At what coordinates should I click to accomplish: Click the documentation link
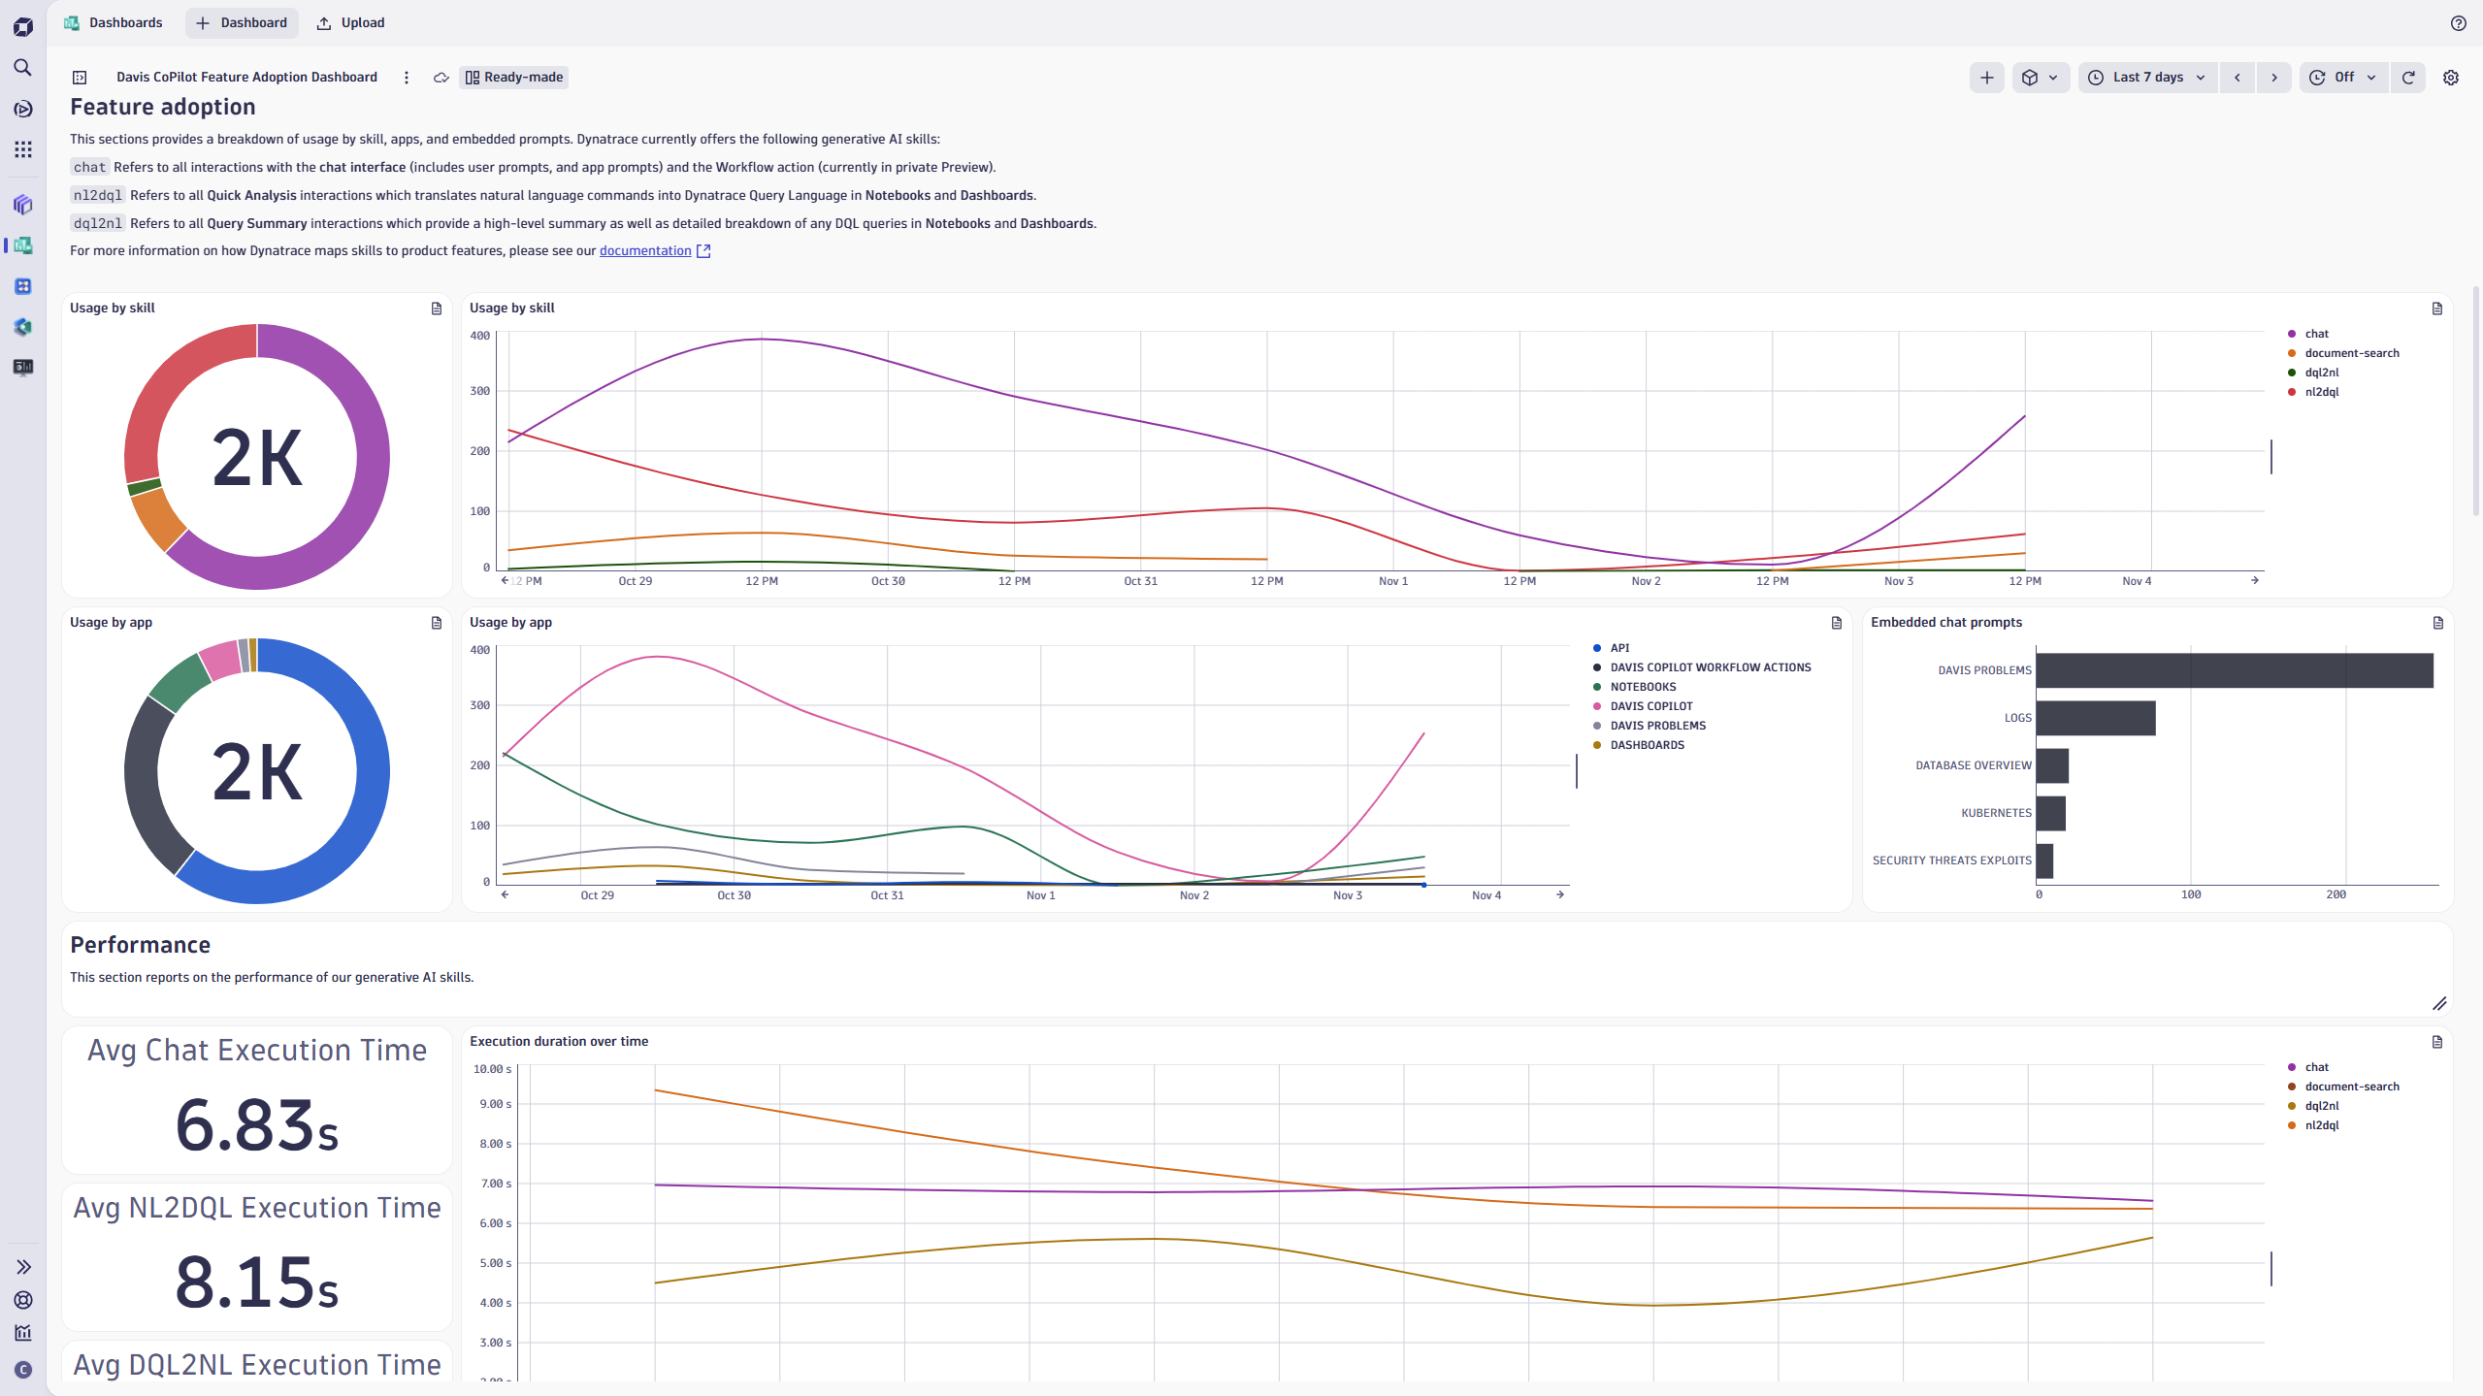[x=645, y=250]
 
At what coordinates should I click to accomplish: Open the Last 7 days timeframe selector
[x=2147, y=78]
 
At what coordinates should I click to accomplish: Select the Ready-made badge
[x=514, y=78]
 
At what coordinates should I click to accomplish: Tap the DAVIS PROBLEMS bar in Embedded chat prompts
[x=2234, y=670]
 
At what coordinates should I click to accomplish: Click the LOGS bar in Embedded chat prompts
[x=2095, y=718]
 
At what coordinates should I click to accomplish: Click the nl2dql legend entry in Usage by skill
[x=2321, y=392]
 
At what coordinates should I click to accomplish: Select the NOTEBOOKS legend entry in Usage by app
[x=1643, y=687]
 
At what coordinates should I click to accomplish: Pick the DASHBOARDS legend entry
[x=1647, y=745]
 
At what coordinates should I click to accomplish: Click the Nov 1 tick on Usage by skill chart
[x=1392, y=581]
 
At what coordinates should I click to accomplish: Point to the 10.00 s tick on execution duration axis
[x=492, y=1069]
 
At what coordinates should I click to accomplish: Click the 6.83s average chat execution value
[x=257, y=1125]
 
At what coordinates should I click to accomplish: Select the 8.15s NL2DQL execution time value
[x=257, y=1282]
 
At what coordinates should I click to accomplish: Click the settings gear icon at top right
[x=2450, y=78]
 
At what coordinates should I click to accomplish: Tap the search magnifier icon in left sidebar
[x=23, y=67]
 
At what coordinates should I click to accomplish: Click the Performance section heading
[x=141, y=945]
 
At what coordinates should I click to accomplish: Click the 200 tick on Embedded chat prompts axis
[x=2336, y=894]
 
